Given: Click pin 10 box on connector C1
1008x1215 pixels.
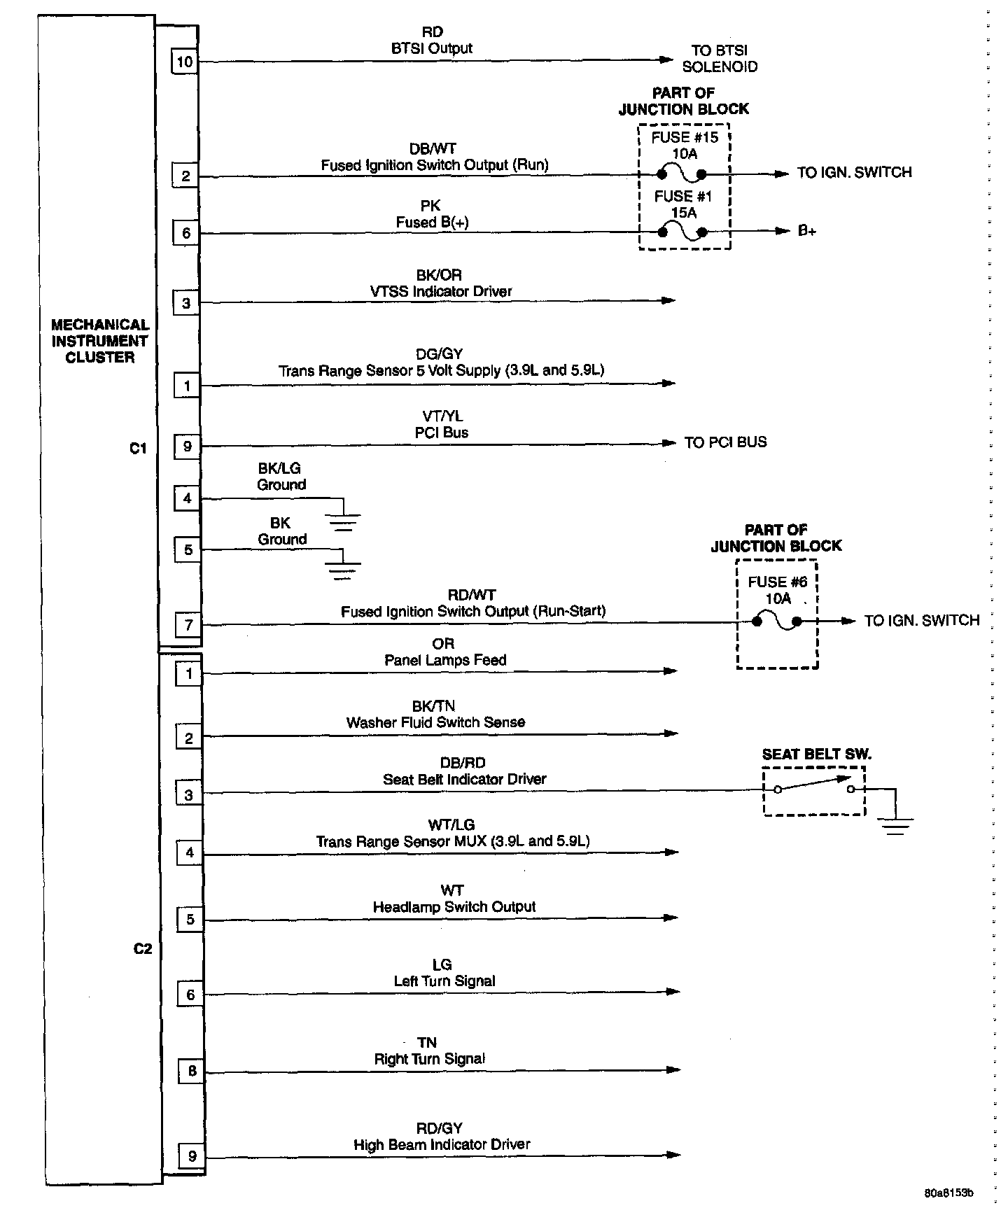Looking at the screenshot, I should [184, 62].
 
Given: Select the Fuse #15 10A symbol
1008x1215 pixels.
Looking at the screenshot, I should [682, 173].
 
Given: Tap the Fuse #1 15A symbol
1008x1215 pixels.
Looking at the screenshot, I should [682, 231].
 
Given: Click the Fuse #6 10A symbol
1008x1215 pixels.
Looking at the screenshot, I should [777, 621].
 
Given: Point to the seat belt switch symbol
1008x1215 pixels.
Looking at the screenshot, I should [814, 787].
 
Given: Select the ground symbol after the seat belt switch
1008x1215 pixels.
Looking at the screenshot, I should [895, 826].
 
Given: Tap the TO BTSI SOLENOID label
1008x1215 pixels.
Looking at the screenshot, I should [719, 59].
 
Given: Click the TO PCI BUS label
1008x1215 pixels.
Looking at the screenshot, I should [725, 442].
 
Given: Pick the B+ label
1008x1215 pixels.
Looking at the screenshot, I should [807, 231].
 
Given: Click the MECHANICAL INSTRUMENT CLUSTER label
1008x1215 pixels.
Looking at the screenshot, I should [100, 341].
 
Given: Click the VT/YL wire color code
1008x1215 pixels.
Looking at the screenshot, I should [442, 416].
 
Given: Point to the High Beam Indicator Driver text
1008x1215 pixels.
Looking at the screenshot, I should [442, 1144].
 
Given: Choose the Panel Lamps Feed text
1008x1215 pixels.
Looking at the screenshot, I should [445, 660].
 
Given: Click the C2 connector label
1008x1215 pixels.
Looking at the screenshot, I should [142, 948].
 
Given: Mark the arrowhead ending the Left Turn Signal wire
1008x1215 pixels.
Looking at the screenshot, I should [673, 991].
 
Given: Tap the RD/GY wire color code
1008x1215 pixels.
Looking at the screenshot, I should [440, 1128].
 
